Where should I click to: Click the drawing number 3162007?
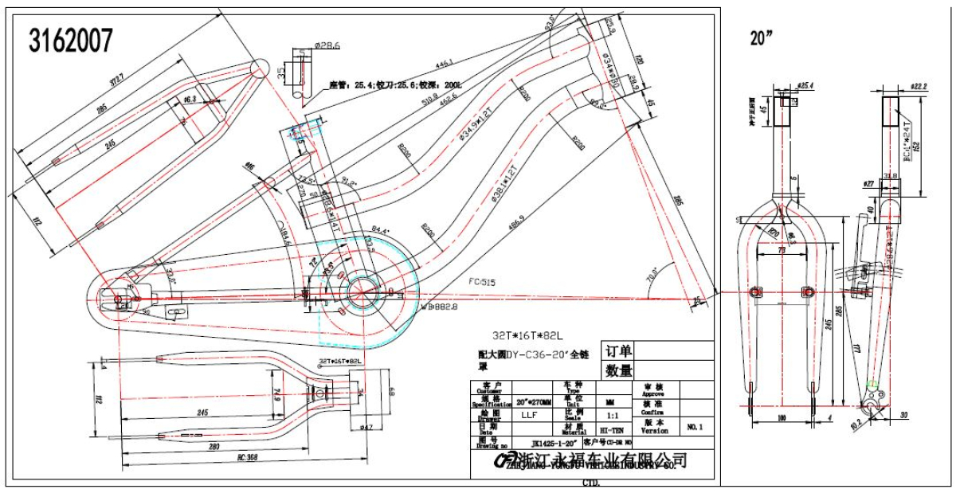(x=71, y=40)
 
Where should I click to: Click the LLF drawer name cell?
(x=528, y=415)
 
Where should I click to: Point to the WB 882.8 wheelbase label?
(x=441, y=305)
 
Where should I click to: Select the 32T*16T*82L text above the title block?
(x=527, y=335)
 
